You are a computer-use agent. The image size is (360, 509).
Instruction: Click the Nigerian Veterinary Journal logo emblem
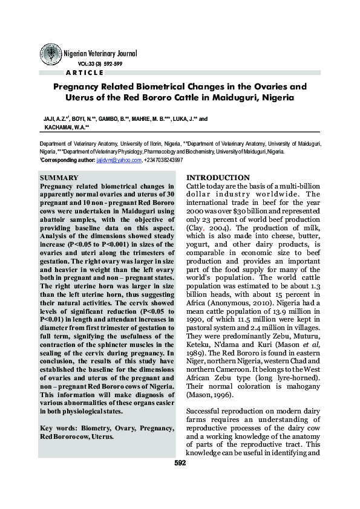point(50,54)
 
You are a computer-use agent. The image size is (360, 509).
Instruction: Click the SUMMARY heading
point(57,178)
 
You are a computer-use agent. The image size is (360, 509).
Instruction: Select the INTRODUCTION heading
point(215,177)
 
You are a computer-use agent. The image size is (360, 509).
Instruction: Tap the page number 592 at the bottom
point(180,463)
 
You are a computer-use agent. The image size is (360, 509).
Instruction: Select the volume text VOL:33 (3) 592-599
point(100,63)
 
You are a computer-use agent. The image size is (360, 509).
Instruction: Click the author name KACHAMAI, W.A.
point(62,128)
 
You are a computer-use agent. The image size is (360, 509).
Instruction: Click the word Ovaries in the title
point(267,86)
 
